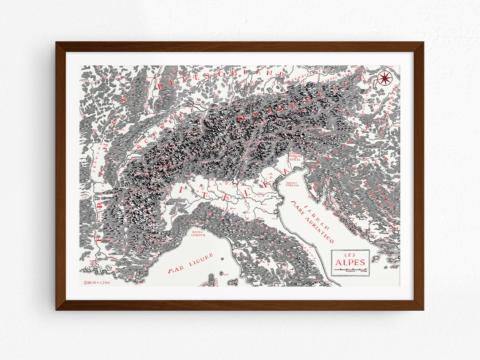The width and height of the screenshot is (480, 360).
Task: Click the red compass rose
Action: (x=385, y=79)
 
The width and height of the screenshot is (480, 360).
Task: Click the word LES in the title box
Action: (x=350, y=254)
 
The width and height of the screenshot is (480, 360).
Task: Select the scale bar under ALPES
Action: (x=350, y=269)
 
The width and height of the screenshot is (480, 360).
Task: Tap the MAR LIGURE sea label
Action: (x=191, y=263)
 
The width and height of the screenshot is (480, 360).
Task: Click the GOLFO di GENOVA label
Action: (x=198, y=234)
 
